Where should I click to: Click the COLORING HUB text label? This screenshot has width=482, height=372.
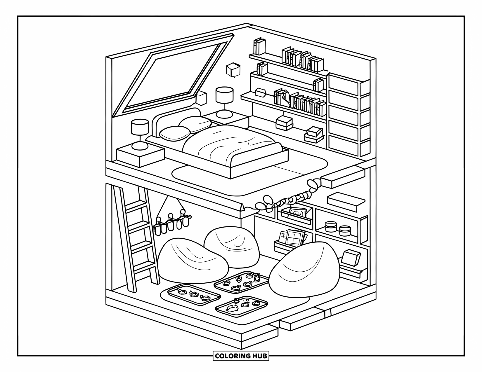(241, 356)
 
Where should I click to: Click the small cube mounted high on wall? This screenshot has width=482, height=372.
(233, 70)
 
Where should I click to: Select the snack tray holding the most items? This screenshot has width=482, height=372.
(241, 282)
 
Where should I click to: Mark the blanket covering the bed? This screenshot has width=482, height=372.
(231, 143)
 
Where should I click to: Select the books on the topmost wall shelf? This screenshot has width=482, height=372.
(302, 60)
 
